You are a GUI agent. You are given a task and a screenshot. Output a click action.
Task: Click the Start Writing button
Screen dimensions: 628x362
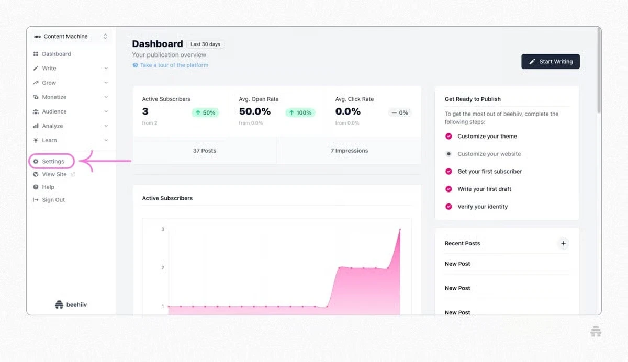tap(551, 61)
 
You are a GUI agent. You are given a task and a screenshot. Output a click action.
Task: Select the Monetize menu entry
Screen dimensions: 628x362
tap(54, 97)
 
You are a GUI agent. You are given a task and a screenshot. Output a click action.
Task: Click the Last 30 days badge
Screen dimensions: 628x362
tap(205, 44)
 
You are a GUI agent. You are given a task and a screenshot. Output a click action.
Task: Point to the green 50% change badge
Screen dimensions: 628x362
tap(205, 112)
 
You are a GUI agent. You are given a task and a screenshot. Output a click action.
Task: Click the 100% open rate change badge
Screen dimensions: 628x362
tap(300, 112)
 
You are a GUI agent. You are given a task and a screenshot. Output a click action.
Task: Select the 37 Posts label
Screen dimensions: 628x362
tap(205, 151)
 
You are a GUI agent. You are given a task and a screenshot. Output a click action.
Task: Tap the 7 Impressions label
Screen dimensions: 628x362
tap(349, 151)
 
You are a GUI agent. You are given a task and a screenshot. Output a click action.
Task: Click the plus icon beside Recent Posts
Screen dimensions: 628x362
tap(563, 243)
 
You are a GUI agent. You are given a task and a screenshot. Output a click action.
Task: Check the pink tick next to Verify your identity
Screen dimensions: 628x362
tap(448, 207)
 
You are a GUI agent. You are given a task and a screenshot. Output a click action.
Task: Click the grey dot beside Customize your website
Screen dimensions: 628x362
tap(448, 154)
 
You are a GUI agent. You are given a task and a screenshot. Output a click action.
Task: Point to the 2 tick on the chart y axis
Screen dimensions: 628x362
tap(163, 268)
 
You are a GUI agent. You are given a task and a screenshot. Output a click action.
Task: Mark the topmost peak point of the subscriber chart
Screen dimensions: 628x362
tap(400, 229)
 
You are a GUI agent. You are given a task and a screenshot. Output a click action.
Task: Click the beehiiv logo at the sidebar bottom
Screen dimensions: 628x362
tap(71, 304)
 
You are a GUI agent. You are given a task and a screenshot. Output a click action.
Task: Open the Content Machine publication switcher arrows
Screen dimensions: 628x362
tap(105, 37)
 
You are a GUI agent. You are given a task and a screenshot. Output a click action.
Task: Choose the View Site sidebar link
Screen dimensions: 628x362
tap(54, 174)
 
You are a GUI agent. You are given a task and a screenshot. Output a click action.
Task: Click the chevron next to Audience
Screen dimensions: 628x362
tap(106, 111)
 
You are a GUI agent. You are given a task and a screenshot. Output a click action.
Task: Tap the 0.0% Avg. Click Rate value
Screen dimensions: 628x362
tap(347, 111)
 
